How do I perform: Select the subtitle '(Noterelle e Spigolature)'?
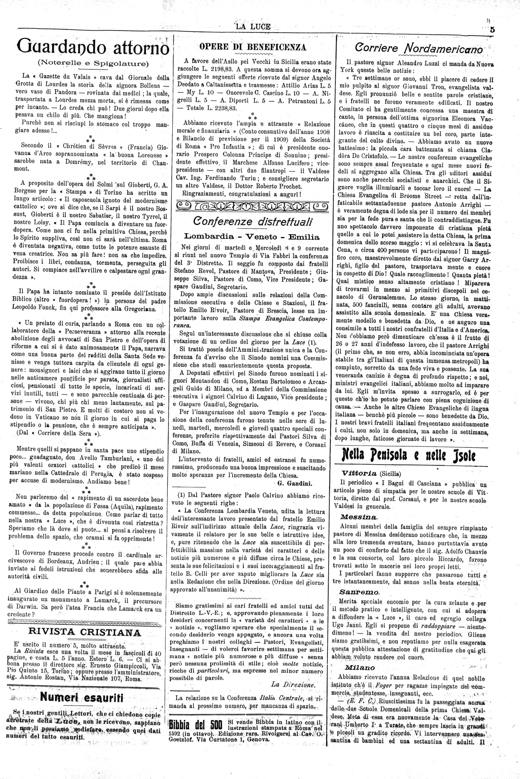93,63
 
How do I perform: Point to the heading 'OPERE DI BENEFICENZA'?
253,47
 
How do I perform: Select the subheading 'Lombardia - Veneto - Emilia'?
252,237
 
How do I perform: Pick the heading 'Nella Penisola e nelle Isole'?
408,456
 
